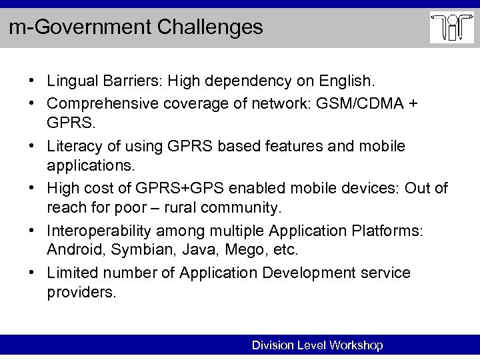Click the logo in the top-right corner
click(451, 28)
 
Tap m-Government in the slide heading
click(75, 27)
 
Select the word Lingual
click(70, 81)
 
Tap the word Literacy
click(72, 145)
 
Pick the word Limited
click(70, 274)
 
